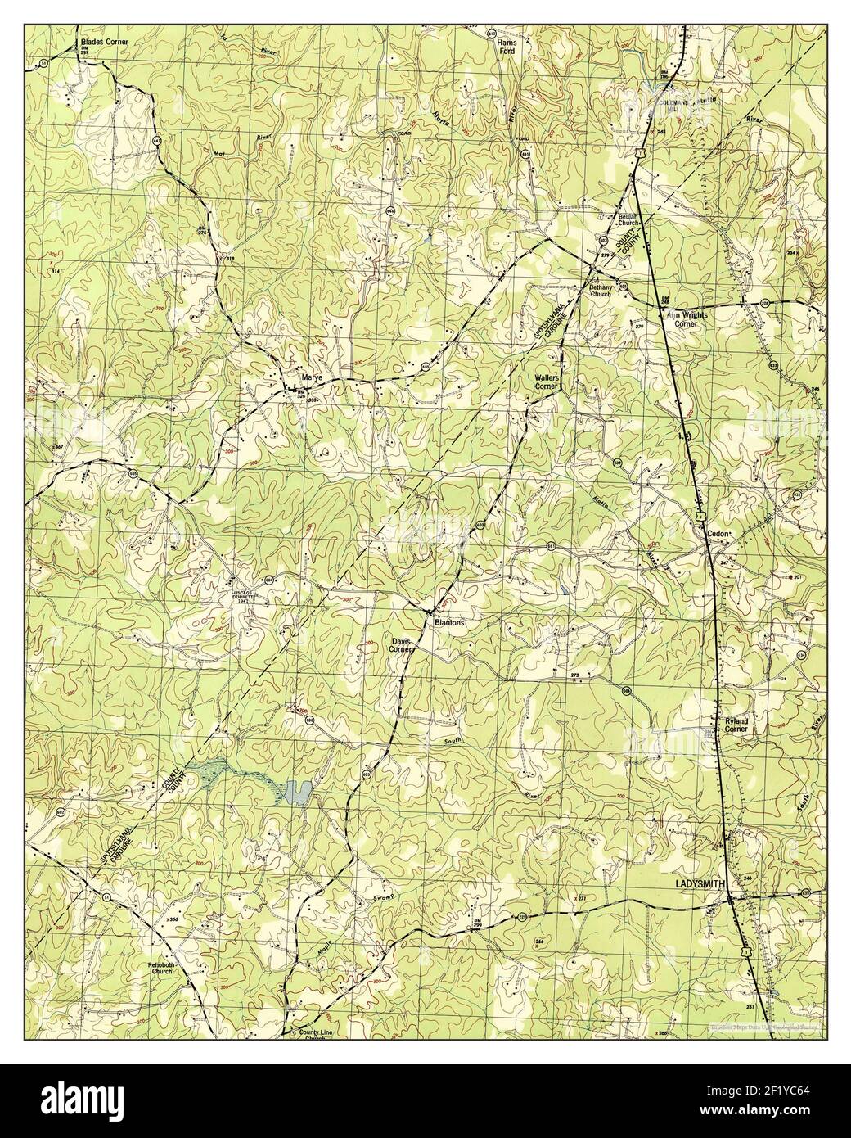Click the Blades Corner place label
(103, 40)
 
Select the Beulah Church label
(628, 220)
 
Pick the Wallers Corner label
(546, 382)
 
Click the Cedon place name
(718, 534)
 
